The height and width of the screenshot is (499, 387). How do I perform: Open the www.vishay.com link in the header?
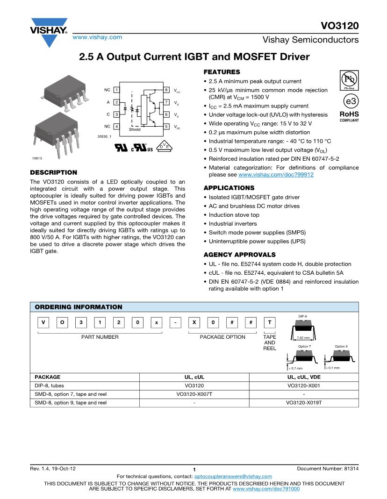(97, 37)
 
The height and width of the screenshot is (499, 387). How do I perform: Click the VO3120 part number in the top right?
(339, 26)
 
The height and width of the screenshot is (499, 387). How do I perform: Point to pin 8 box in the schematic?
(167, 90)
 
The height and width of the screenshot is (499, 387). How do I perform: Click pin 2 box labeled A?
(116, 102)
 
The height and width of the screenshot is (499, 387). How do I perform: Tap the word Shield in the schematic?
(135, 129)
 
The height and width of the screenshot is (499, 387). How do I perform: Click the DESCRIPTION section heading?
(53, 172)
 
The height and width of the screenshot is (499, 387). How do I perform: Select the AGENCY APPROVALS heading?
(239, 255)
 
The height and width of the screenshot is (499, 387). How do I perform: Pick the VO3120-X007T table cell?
(194, 394)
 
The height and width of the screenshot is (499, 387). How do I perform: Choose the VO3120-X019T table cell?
(304, 402)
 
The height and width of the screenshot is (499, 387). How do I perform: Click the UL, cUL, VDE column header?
(304, 377)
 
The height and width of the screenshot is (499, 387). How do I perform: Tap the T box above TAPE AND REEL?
(270, 323)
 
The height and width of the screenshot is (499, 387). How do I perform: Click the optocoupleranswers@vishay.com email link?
(233, 476)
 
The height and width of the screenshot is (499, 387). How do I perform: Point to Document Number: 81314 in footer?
(328, 468)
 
